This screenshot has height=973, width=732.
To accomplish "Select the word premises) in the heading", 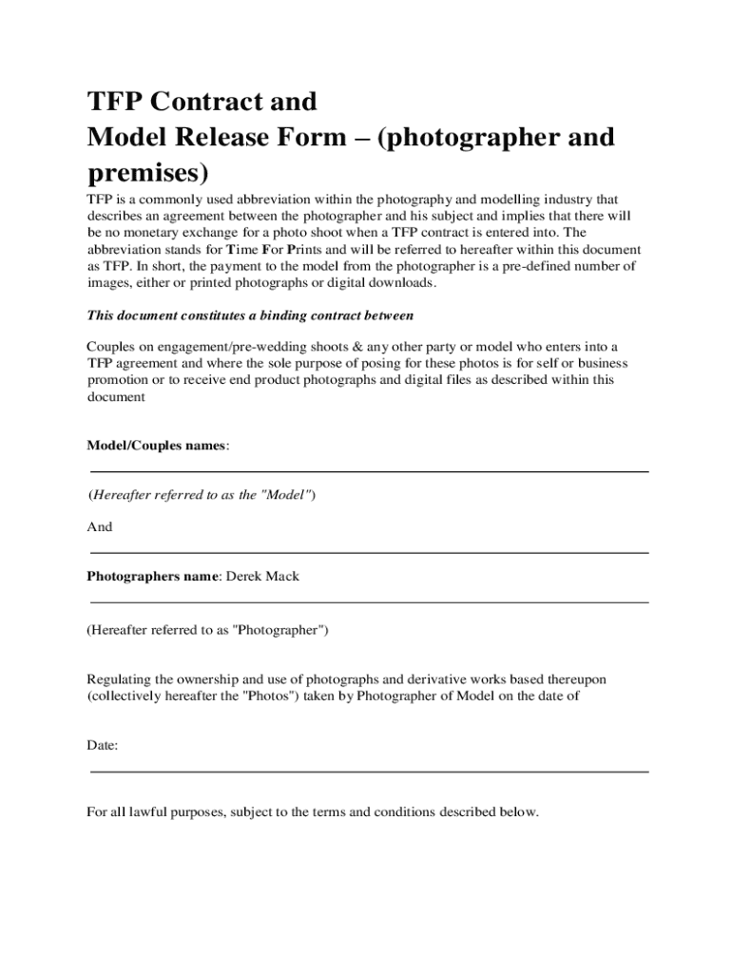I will (146, 174).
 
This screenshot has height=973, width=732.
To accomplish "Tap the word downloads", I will (399, 282).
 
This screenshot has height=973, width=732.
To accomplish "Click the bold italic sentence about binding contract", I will (250, 315).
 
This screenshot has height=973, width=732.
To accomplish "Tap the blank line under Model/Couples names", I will (369, 471).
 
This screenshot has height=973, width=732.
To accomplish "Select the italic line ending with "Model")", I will (202, 496).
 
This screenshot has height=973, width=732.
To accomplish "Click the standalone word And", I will (100, 527).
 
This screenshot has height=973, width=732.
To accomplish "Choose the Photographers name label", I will (153, 576).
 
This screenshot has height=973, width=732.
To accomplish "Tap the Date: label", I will (103, 746).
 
